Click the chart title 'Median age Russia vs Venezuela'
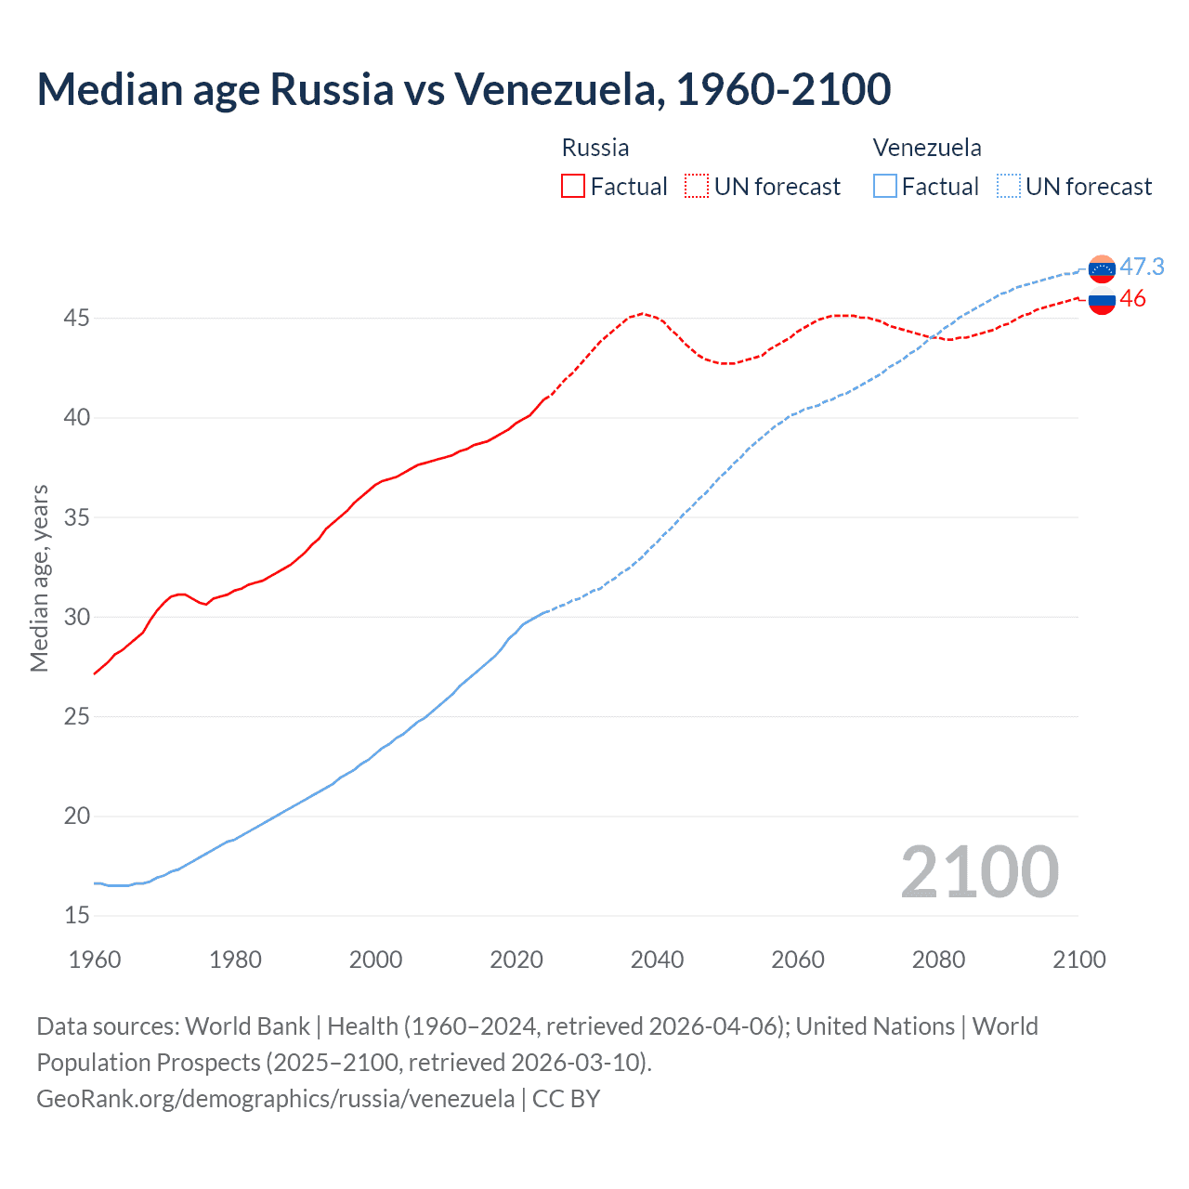pyautogui.click(x=464, y=89)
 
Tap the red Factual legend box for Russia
pyautogui.click(x=573, y=187)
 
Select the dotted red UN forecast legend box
pyautogui.click(x=697, y=187)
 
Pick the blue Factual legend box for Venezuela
pyautogui.click(x=885, y=187)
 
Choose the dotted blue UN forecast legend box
pyautogui.click(x=1009, y=187)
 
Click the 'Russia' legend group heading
pyautogui.click(x=595, y=148)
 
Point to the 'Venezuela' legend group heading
pyautogui.click(x=927, y=148)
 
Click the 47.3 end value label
pyautogui.click(x=1142, y=267)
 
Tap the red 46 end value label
pyautogui.click(x=1132, y=298)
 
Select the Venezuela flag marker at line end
pyautogui.click(x=1102, y=268)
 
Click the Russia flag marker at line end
pyautogui.click(x=1102, y=301)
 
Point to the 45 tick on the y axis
pyautogui.click(x=77, y=319)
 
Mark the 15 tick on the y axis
pyautogui.click(x=77, y=916)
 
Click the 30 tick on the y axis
pyautogui.click(x=77, y=618)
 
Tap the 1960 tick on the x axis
pyautogui.click(x=95, y=960)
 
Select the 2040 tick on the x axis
pyautogui.click(x=657, y=960)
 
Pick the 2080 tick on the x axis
pyautogui.click(x=938, y=960)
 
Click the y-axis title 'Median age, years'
pyautogui.click(x=39, y=578)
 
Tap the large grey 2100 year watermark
pyautogui.click(x=979, y=871)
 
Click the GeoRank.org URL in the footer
pyautogui.click(x=275, y=1099)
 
